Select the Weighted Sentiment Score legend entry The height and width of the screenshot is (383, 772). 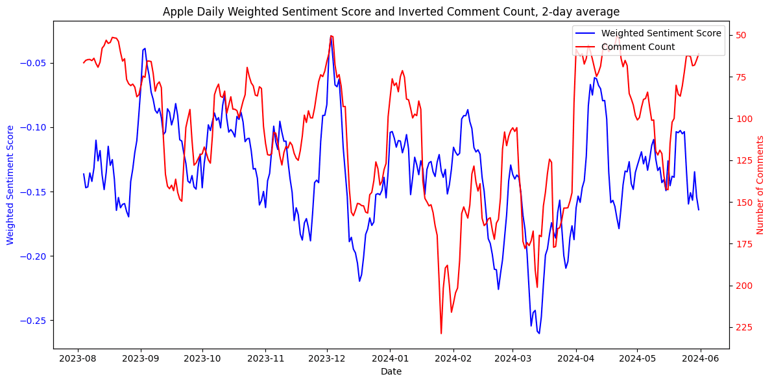click(x=661, y=33)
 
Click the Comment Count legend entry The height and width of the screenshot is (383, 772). click(x=638, y=47)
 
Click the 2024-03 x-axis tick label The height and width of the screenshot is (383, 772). click(x=513, y=356)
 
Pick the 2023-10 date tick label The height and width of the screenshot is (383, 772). click(x=202, y=356)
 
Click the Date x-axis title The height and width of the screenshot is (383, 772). click(x=391, y=371)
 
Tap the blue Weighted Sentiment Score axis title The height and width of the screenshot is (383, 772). click(x=10, y=185)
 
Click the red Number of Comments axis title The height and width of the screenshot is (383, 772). click(x=760, y=185)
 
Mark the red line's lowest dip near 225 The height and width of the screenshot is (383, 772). click(x=441, y=334)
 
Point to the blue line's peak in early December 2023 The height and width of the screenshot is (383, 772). click(x=331, y=36)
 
